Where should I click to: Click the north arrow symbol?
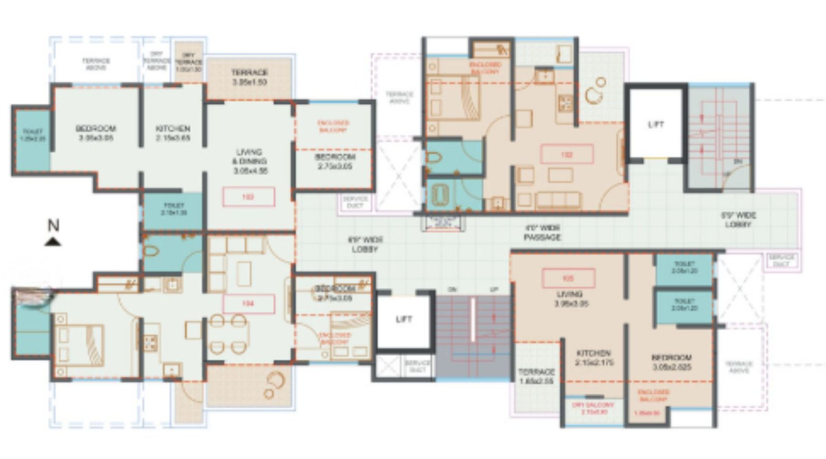point(53,242)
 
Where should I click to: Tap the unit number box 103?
point(248,197)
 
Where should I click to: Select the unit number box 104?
point(248,304)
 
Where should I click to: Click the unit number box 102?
point(567,154)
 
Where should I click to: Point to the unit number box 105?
point(568,278)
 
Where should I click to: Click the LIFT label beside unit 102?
point(656,124)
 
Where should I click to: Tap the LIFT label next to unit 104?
point(404,319)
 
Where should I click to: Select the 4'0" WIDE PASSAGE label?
point(542,232)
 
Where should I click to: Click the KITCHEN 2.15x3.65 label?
point(173,133)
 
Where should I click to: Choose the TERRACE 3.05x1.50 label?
point(249,77)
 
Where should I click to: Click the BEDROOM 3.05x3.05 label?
point(96,133)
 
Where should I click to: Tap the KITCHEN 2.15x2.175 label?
point(594,358)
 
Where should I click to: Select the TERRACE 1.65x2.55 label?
point(536,376)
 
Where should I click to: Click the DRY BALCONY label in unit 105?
point(593,408)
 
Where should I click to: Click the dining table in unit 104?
point(227,336)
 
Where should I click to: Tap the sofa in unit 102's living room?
point(558,199)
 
